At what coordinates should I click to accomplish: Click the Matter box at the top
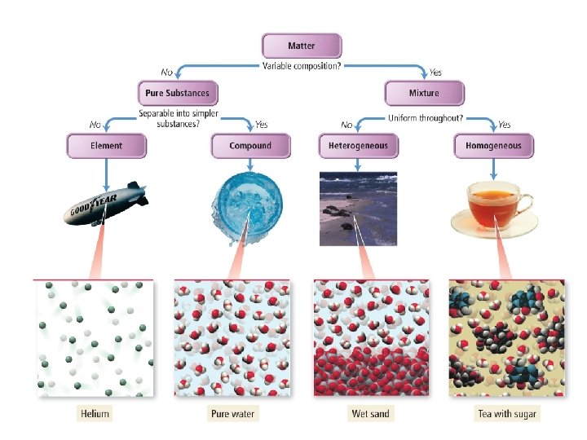coord(302,46)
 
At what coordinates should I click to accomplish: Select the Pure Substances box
coord(177,93)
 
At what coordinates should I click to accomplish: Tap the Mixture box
coord(423,93)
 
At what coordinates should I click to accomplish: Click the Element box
coord(107,146)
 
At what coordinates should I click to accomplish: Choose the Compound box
coord(250,146)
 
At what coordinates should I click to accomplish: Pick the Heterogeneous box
coord(358,146)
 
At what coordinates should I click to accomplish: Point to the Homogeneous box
coord(493,146)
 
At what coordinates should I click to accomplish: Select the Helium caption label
coord(95,414)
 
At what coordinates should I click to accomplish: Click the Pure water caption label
coord(232,414)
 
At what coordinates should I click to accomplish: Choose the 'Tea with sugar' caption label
coord(506,414)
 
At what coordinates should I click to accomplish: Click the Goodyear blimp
coord(105,204)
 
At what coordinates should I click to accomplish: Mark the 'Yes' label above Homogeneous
coord(504,125)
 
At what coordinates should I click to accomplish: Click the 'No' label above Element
coord(95,125)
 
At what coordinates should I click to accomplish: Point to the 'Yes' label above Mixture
coord(435,73)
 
